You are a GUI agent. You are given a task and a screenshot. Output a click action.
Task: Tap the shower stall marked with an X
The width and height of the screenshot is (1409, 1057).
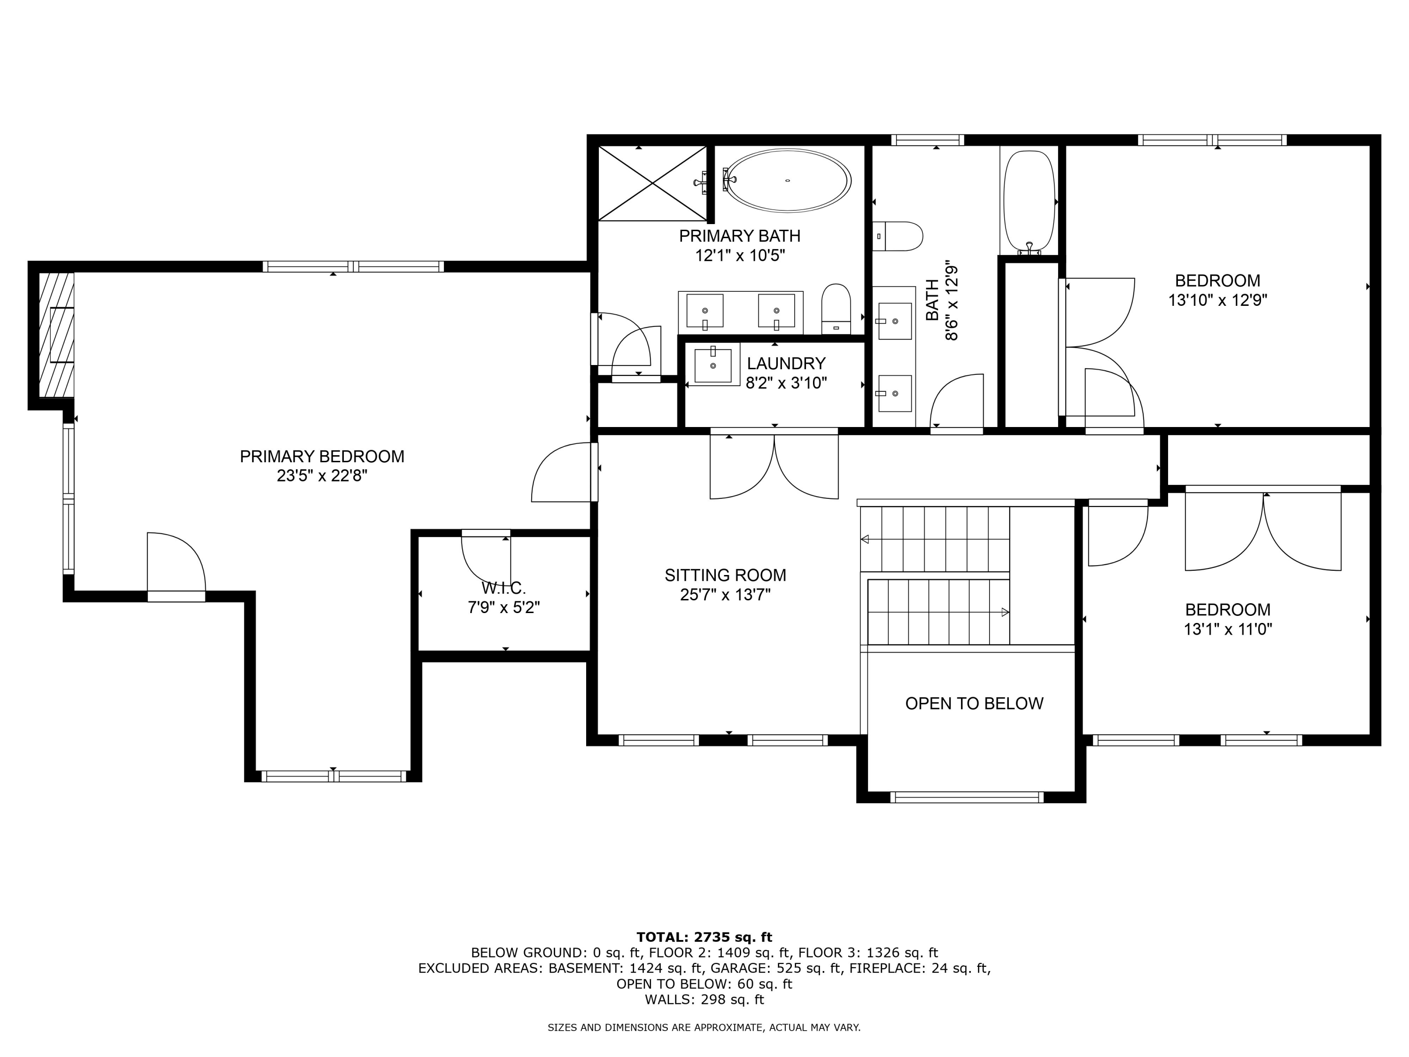tap(652, 183)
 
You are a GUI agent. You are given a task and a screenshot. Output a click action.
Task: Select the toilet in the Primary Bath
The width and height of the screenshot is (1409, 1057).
tap(836, 309)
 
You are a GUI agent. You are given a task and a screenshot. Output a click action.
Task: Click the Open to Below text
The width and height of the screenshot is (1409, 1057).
tap(974, 703)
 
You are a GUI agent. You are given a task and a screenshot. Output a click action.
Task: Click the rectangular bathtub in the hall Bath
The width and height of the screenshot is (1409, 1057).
tap(1029, 200)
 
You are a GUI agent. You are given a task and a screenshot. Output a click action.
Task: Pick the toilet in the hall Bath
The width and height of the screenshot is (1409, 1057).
tap(898, 236)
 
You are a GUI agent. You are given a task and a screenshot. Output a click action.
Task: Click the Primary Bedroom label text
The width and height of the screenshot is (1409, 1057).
tap(322, 456)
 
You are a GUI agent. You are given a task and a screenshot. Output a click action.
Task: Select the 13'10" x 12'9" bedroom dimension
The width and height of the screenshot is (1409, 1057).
tap(1217, 300)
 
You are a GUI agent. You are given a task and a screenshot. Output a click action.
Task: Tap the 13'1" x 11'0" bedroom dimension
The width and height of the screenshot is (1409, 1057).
tap(1227, 630)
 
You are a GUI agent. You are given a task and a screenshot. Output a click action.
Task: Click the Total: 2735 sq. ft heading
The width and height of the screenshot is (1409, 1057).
tap(704, 937)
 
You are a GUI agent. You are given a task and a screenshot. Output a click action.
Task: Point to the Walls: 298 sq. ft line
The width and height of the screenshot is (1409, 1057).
tap(704, 1000)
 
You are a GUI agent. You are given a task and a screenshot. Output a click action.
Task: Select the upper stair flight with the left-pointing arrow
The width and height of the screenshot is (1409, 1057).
tap(935, 539)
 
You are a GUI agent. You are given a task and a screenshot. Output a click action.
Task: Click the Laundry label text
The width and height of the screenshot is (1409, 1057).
tap(786, 363)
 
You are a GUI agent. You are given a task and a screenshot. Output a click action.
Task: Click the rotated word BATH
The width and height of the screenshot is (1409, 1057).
tap(932, 300)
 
